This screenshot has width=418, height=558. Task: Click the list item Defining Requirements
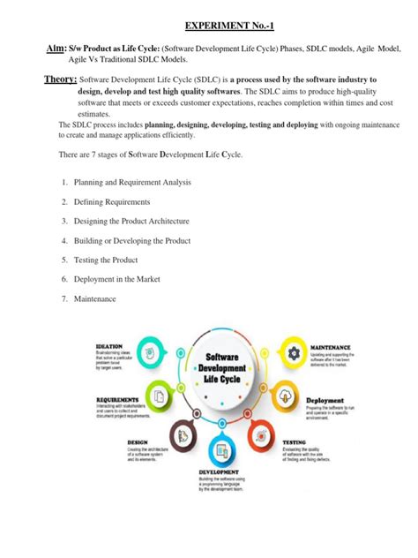point(110,202)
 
